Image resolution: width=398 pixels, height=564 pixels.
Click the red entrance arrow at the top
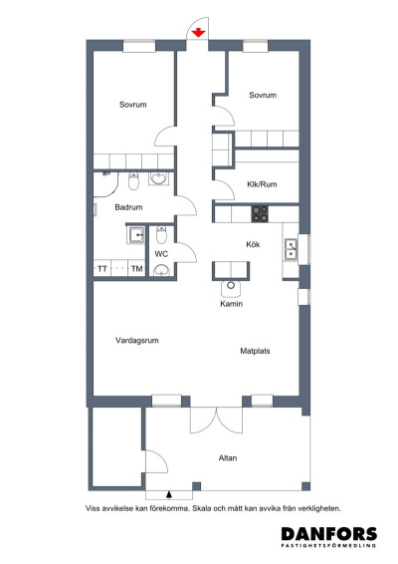[x=199, y=33]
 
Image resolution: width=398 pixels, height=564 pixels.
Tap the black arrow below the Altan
[x=170, y=492]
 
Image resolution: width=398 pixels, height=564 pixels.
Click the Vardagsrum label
[x=138, y=341]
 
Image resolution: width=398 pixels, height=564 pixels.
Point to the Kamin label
[x=232, y=304]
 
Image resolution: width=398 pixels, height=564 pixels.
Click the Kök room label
[x=253, y=243]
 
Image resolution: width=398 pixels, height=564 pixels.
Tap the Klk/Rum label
[x=261, y=183]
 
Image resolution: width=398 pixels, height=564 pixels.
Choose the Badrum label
[x=128, y=207]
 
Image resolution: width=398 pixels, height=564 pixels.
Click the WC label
[x=161, y=254]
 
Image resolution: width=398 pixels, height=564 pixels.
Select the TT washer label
[x=101, y=270]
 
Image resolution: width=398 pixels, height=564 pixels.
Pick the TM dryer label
[x=136, y=270]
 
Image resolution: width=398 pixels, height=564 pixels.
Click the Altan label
[x=229, y=458]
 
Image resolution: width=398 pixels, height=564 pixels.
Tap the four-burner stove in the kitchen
[x=260, y=212]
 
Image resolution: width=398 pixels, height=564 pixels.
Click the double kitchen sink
[x=291, y=248]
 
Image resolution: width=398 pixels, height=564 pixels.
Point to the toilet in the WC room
[x=161, y=236]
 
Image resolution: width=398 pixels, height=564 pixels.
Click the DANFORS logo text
[x=328, y=534]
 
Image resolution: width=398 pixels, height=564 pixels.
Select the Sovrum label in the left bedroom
[x=133, y=104]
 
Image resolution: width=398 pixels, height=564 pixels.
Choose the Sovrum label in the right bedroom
[x=263, y=95]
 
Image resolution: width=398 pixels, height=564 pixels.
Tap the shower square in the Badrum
[x=133, y=235]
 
